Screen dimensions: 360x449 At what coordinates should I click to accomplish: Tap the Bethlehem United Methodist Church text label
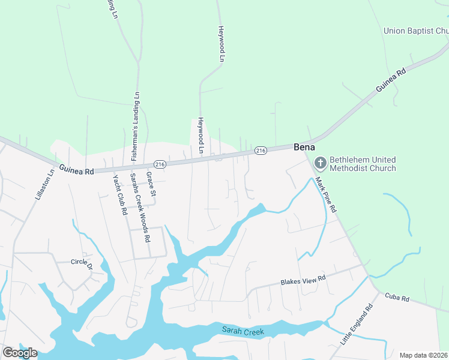point(362,164)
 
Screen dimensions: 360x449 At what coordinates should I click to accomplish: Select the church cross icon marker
point(320,163)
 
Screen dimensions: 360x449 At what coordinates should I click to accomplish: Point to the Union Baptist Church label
point(416,31)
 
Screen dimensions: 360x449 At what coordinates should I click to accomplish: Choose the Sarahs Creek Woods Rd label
point(140,207)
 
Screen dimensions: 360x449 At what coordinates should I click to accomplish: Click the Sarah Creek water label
point(243,330)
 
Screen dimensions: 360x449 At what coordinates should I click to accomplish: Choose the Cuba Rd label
point(396,298)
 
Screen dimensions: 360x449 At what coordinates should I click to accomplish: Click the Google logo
point(20,352)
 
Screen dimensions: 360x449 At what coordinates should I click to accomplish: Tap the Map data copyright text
point(424,355)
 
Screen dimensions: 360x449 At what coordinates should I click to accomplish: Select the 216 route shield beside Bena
point(260,150)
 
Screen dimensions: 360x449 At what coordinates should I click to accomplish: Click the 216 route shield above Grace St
point(160,164)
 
